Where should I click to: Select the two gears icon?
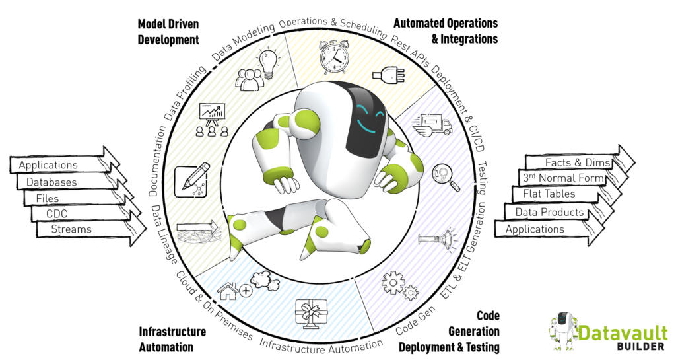pyautogui.click(x=399, y=286)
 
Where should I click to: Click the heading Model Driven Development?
pyautogui.click(x=168, y=32)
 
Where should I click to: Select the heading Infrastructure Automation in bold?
pyautogui.click(x=172, y=339)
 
